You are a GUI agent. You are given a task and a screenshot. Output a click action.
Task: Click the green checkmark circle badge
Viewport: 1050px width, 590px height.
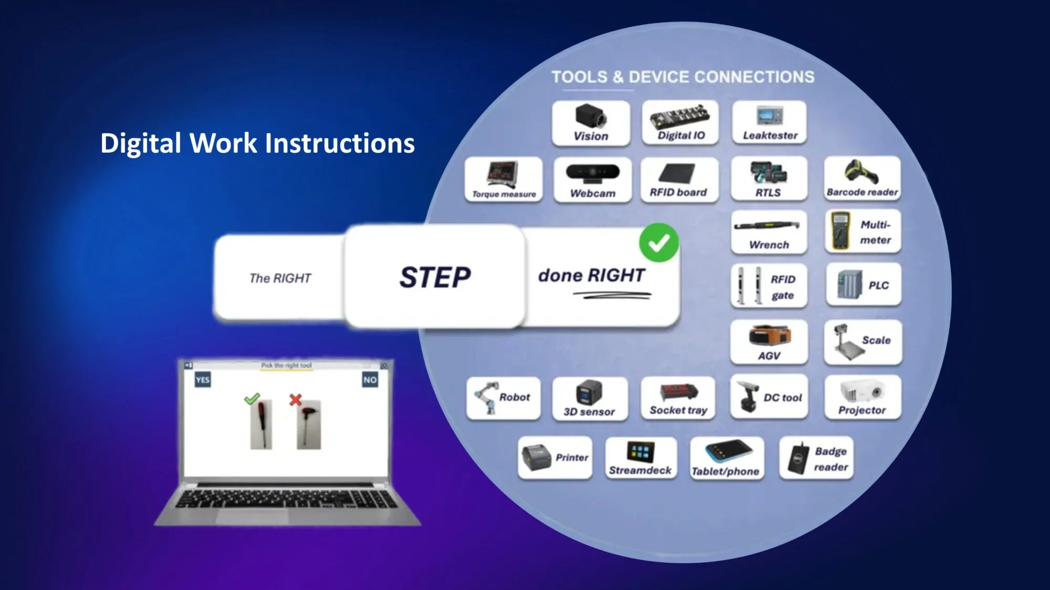point(659,243)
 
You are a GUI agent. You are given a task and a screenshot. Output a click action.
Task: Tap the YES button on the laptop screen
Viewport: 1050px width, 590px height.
point(203,380)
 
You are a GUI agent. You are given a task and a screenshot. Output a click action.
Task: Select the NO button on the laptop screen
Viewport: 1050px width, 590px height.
point(370,380)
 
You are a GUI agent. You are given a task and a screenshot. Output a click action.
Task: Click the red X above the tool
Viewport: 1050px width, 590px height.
point(296,400)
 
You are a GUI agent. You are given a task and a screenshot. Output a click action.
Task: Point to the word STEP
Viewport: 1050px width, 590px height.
point(435,277)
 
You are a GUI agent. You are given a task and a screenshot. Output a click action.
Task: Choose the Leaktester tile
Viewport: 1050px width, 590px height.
point(770,123)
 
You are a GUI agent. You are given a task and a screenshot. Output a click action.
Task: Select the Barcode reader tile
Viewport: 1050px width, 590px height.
point(862,178)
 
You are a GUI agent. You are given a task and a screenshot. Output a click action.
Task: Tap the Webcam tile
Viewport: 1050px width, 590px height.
point(592,180)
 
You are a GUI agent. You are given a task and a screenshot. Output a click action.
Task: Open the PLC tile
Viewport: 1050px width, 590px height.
point(863,285)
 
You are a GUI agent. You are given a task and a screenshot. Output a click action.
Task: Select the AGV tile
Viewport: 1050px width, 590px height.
point(769,342)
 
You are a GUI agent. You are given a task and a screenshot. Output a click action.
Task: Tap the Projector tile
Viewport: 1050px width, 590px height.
point(862,397)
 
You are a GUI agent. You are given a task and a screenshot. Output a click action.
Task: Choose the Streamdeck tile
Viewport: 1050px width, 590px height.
point(640,458)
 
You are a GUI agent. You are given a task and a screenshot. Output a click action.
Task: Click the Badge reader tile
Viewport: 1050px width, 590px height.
point(816,458)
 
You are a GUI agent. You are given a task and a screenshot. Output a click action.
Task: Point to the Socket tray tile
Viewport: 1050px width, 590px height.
point(678,398)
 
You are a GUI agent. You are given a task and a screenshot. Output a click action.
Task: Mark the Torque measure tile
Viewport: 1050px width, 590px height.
point(503,180)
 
